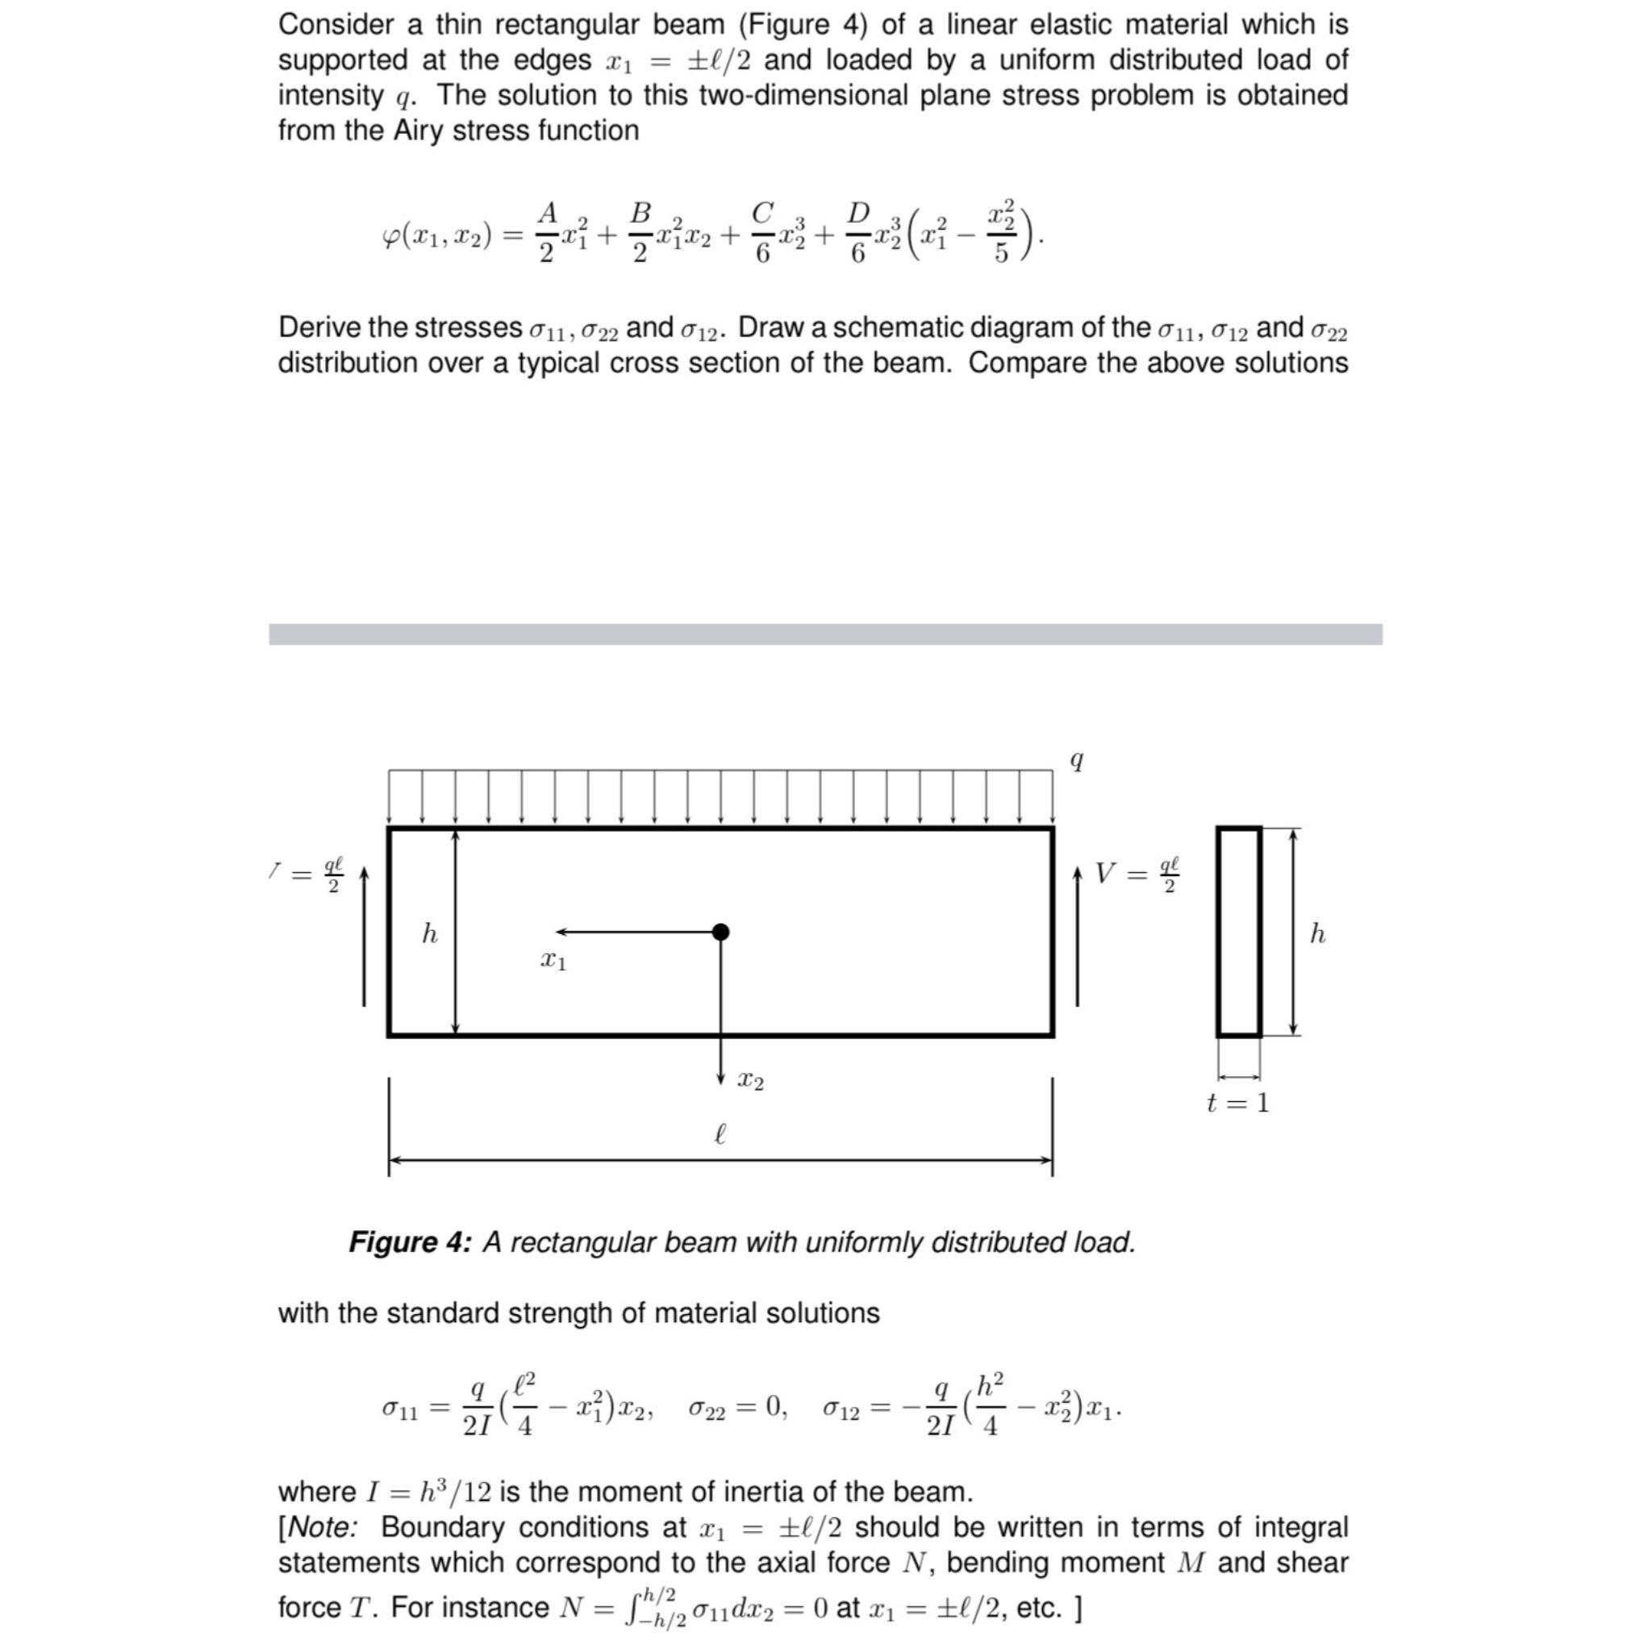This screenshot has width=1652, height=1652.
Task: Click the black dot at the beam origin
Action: pyautogui.click(x=721, y=931)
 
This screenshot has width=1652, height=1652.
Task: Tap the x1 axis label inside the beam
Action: pyautogui.click(x=553, y=961)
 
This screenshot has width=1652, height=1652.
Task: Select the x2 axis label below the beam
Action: pyautogui.click(x=751, y=1082)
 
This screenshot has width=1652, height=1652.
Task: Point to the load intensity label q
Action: pyautogui.click(x=1078, y=760)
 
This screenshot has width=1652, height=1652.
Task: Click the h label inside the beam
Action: pyautogui.click(x=430, y=933)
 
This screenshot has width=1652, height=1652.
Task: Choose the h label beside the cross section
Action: pyautogui.click(x=1318, y=933)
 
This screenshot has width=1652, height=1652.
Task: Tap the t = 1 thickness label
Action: pyautogui.click(x=1237, y=1103)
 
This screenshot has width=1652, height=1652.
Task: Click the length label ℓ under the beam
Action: pyautogui.click(x=720, y=1135)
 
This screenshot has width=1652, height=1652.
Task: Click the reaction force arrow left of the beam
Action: pyautogui.click(x=365, y=937)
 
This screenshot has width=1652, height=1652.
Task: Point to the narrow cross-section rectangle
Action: pyautogui.click(x=1239, y=932)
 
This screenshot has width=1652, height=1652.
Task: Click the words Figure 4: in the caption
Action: pyautogui.click(x=410, y=1242)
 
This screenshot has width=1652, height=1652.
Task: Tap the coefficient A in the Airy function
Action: pyautogui.click(x=547, y=211)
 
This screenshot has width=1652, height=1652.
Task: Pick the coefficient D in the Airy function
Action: pyautogui.click(x=858, y=211)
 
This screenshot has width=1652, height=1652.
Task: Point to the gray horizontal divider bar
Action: pyautogui.click(x=825, y=633)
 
